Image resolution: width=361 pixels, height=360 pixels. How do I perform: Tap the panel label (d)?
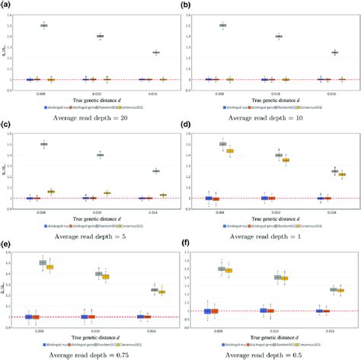pos(186,125)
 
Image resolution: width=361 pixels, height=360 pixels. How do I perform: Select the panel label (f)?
pos(185,245)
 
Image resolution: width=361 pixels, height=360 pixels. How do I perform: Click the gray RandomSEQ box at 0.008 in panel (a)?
pos(43,26)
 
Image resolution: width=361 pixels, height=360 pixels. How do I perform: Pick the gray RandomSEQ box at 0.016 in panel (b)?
pos(312,53)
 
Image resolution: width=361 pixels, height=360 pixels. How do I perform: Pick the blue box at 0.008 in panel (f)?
pos(206,311)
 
